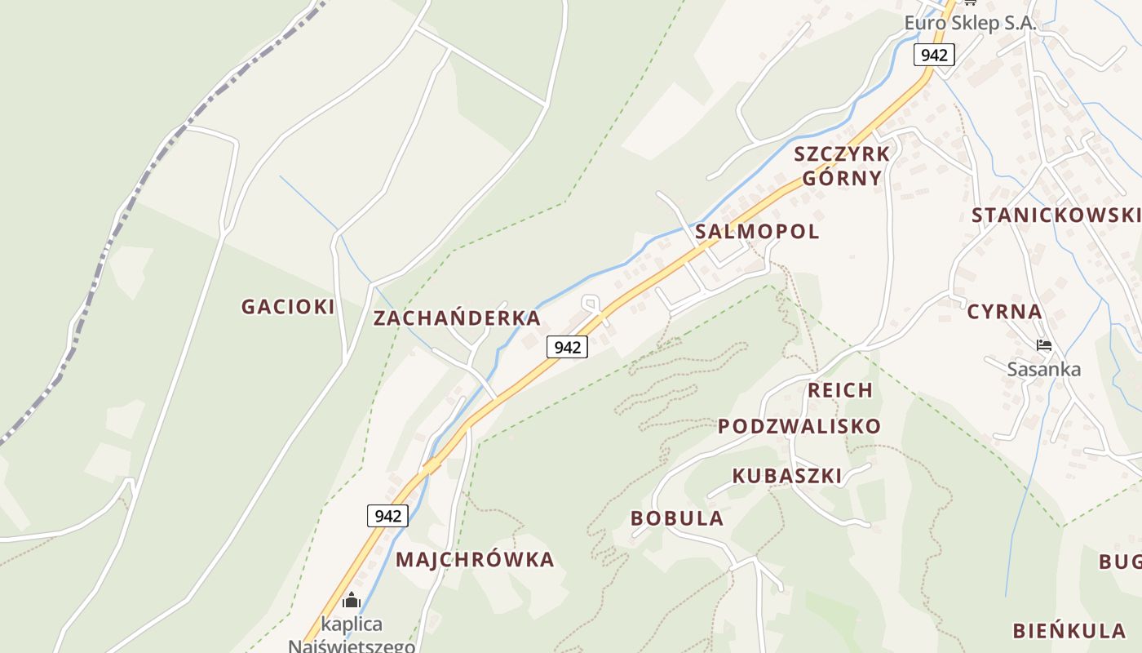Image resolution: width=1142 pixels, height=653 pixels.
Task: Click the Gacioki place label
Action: click(x=288, y=307)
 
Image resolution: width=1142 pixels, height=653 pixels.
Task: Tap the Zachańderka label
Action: click(x=457, y=318)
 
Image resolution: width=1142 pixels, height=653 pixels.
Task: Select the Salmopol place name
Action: click(x=757, y=232)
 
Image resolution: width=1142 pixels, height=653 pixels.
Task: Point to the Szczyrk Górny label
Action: click(x=842, y=167)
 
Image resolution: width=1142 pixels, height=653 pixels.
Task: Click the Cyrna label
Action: click(x=1004, y=312)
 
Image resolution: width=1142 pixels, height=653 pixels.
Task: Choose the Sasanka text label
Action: click(x=1043, y=369)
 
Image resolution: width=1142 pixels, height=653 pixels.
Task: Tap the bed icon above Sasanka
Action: click(x=1043, y=345)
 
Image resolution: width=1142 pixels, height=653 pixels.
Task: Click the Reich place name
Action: click(x=840, y=390)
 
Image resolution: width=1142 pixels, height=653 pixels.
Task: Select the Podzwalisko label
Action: click(x=799, y=426)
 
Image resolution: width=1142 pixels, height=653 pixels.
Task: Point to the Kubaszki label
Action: click(x=786, y=476)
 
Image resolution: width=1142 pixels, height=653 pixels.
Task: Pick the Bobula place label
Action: click(x=677, y=518)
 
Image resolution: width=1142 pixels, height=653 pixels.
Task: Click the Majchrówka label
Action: click(x=475, y=560)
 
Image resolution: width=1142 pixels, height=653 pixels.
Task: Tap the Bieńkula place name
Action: click(x=1069, y=631)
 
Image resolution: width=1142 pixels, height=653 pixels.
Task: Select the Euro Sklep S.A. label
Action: click(x=970, y=23)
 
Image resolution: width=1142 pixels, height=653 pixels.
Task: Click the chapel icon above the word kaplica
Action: click(x=352, y=601)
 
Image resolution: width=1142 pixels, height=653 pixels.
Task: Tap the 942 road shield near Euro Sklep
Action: click(x=934, y=55)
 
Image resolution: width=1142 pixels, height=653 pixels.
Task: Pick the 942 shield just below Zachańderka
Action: click(x=567, y=347)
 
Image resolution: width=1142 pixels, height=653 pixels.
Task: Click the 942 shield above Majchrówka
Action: click(x=387, y=516)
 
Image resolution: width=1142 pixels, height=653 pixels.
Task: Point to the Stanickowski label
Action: click(x=1056, y=215)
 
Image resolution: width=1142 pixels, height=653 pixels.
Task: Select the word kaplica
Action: click(x=352, y=624)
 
